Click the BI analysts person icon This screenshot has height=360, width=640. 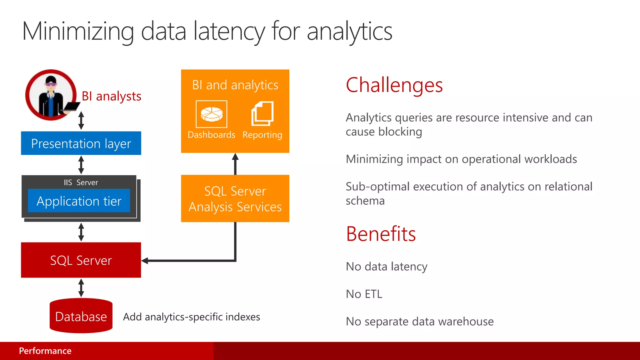(51, 95)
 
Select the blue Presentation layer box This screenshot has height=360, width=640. (81, 143)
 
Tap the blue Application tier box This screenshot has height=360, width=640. (79, 201)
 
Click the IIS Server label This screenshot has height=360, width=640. (81, 182)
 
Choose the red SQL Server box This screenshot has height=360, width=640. (81, 260)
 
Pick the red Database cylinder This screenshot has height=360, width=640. (81, 316)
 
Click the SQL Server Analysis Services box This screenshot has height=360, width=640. (235, 199)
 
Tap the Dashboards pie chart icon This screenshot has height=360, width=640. (212, 114)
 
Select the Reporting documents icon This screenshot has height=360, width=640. (262, 113)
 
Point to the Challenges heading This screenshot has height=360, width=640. (394, 85)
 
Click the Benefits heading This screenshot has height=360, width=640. (381, 234)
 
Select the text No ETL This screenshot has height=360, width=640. (364, 294)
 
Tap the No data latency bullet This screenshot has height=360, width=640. (386, 267)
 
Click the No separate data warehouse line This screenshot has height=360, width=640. (419, 322)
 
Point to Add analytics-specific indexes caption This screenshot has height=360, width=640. (191, 317)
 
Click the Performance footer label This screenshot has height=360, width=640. (45, 351)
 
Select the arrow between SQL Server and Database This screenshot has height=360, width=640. (81, 288)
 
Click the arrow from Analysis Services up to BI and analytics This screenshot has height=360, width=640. (235, 164)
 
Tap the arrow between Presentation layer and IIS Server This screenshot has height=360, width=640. (81, 165)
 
